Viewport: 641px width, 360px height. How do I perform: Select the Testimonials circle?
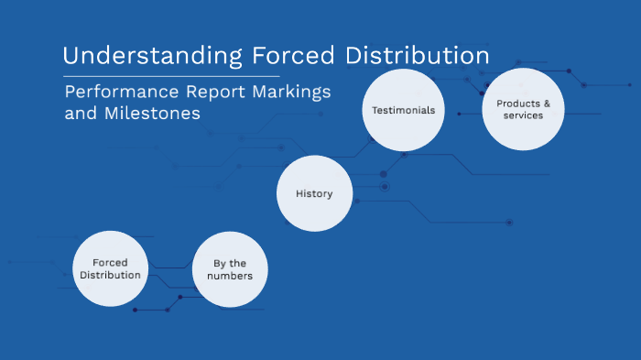pos(403,110)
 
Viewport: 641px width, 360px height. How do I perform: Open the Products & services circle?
pos(523,110)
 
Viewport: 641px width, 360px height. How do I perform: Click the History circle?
pos(314,193)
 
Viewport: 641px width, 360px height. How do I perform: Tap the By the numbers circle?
pos(230,269)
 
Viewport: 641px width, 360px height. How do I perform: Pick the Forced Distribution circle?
pos(110,268)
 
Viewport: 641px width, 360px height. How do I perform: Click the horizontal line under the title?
pos(171,76)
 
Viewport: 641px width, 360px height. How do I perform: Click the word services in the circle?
pos(523,115)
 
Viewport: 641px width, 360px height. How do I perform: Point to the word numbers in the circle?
pos(230,276)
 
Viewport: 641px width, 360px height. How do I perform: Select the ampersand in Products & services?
pos(547,104)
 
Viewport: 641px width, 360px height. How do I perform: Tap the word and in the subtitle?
pos(79,115)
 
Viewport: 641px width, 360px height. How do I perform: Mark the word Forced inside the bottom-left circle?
pos(110,262)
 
